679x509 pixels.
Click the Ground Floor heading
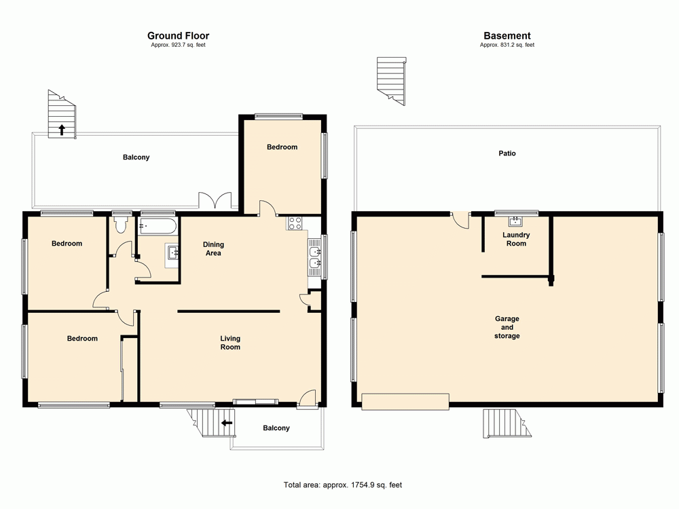coord(178,36)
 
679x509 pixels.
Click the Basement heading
coord(507,36)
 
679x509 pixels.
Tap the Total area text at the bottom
coord(342,485)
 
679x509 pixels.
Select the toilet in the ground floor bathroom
coord(122,225)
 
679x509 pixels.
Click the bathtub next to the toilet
coord(158,225)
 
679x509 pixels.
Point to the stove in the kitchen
coord(295,223)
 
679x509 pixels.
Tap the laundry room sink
coord(515,221)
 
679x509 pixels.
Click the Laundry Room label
coord(516,239)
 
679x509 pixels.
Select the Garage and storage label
coord(507,327)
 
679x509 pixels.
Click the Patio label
coord(507,153)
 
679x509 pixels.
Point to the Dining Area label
coord(213,248)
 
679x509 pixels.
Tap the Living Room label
coord(230,343)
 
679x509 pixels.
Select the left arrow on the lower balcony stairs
coord(227,422)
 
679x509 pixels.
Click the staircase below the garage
coord(505,423)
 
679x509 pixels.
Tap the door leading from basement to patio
coord(460,221)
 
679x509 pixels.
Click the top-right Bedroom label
coord(282,147)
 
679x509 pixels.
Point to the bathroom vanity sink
coord(173,254)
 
